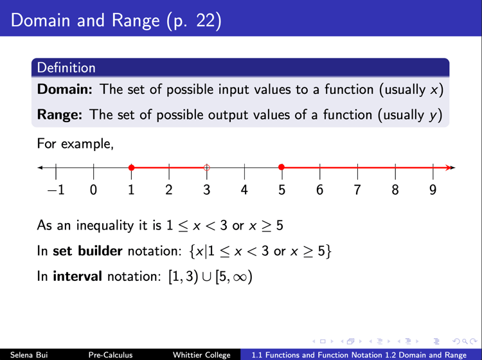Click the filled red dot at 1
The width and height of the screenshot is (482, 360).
(131, 168)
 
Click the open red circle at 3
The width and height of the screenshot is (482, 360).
(206, 168)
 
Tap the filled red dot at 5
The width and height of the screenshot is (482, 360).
(281, 167)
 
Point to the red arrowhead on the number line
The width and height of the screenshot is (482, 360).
(447, 168)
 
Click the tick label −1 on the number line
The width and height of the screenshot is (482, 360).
(56, 190)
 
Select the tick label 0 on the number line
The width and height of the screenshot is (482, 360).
(93, 190)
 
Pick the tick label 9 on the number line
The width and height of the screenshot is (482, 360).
(433, 190)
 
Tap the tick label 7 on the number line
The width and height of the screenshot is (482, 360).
(357, 190)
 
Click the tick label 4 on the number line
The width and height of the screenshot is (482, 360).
(244, 190)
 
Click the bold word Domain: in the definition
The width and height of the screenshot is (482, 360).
(64, 89)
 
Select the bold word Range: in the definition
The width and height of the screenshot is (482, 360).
(60, 114)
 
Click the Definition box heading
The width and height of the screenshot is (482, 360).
(66, 67)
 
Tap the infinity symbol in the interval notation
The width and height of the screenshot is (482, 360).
(240, 277)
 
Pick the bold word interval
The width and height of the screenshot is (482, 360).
(78, 276)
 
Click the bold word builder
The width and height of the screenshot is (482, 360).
(100, 251)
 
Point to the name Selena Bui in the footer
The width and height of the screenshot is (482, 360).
(29, 355)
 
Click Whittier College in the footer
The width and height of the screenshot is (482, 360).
(202, 355)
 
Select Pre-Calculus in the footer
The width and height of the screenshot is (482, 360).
(111, 355)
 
